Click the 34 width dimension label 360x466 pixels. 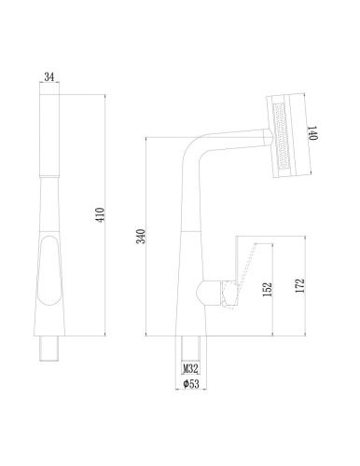49,76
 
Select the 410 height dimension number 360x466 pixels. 101,214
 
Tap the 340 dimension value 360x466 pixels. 141,236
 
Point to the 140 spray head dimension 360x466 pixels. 312,133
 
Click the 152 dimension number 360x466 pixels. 268,289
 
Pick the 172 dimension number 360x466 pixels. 299,286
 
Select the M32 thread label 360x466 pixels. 190,369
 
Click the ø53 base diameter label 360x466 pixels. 191,384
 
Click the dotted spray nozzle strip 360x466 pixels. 282,136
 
